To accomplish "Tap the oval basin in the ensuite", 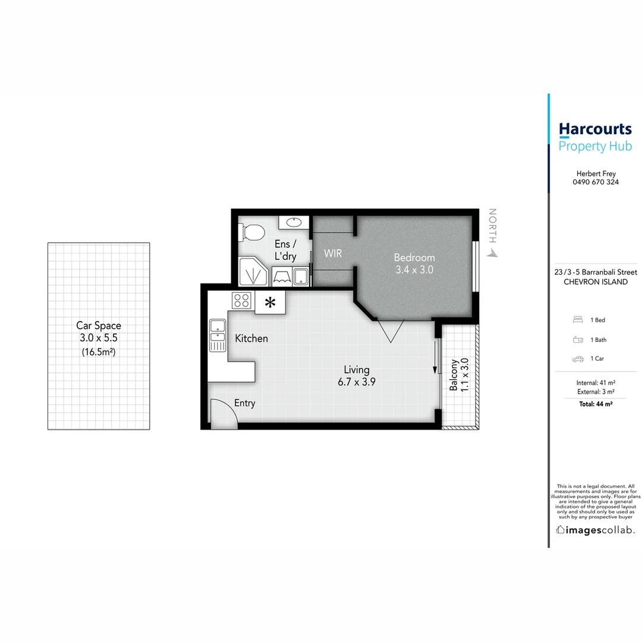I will coord(293,222).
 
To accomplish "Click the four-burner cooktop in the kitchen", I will coord(241,300).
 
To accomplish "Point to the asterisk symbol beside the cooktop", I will coord(270,303).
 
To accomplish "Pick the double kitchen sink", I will coord(218,336).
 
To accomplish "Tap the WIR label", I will coord(333,254).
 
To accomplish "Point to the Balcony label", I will coord(454,374).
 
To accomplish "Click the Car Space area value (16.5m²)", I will coord(98,352).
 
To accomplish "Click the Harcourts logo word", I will coord(595,129).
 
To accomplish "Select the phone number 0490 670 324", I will coord(595,182).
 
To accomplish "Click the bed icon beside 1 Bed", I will coord(577,320).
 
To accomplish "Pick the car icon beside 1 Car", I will coord(577,359).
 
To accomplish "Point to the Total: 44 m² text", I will coord(595,404).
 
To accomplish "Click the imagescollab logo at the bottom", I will coord(595,530).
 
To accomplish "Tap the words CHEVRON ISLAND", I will coord(595,282).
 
